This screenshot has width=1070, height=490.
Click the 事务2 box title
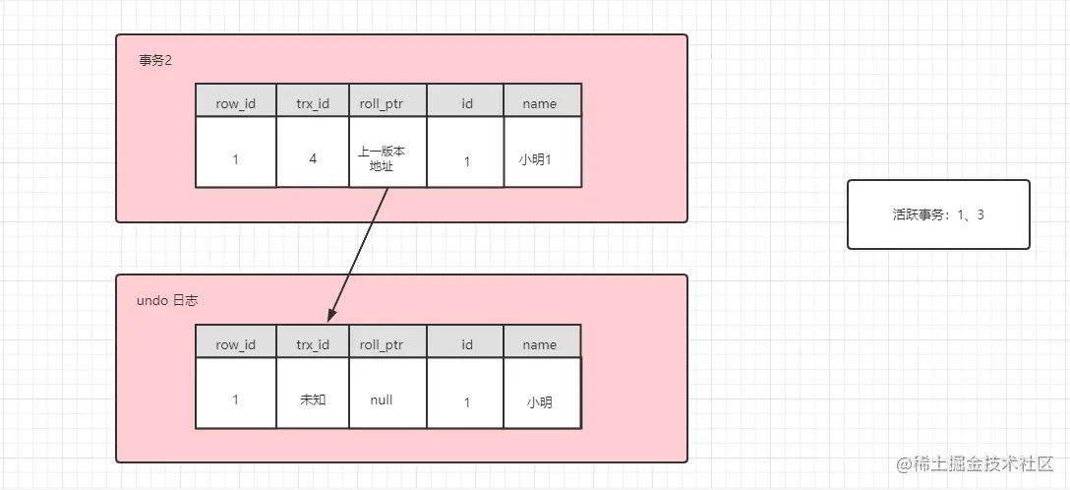coord(156,60)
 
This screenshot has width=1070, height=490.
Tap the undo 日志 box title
coord(167,300)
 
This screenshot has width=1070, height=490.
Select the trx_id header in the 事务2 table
coord(313,103)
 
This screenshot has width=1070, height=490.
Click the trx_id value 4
coord(313,157)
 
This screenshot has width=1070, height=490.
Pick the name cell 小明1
coord(535,158)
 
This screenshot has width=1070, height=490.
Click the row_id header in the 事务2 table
coord(236,103)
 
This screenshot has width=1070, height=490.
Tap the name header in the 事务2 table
coord(539,103)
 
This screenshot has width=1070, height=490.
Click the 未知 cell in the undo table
coord(313,400)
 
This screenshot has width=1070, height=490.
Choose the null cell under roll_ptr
coord(382,399)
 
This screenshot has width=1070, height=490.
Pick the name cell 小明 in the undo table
coord(539,401)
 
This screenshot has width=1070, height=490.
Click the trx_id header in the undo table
coord(313,344)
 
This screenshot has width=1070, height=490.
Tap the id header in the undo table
coord(467,344)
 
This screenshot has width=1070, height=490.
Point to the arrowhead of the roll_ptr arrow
coord(331,316)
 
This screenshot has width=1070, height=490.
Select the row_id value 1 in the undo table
coord(236,400)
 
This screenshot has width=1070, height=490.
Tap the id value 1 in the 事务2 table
coord(467,160)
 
